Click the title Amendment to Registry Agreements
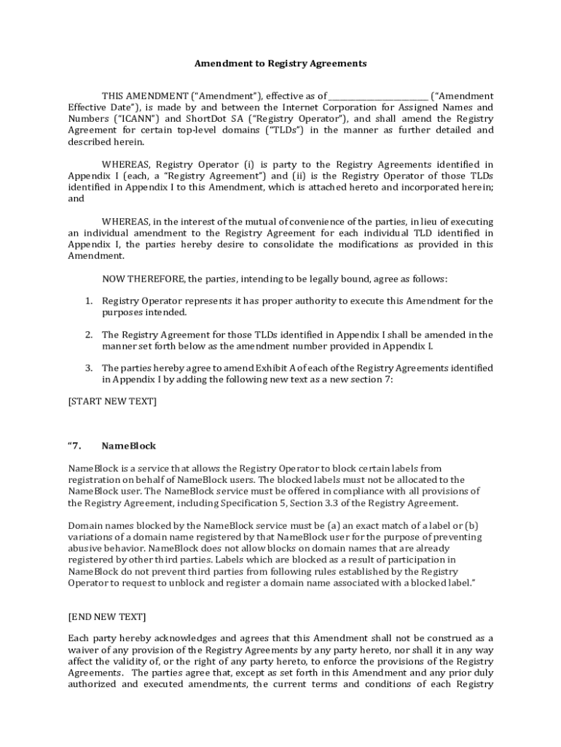280,63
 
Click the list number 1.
88,301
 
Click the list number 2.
88,335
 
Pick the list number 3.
88,368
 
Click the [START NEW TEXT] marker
112,401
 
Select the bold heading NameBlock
128,446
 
